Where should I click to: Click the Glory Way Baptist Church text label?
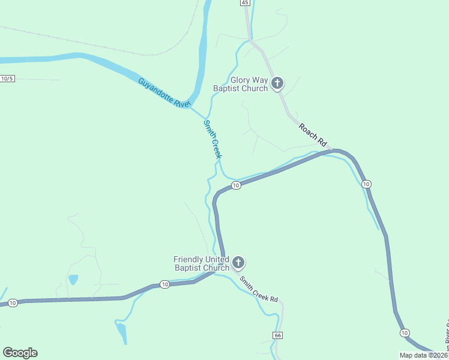[240, 85]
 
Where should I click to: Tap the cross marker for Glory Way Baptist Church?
[277, 83]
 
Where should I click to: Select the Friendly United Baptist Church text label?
[201, 263]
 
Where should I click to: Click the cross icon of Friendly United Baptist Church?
[238, 263]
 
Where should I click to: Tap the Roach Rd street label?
[314, 134]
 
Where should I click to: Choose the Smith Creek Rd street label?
[259, 289]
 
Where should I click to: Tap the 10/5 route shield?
[7, 79]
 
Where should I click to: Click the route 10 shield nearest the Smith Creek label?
[236, 185]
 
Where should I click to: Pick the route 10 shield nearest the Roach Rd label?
[367, 184]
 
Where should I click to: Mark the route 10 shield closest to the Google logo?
[13, 303]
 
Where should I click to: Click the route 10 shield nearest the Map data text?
[405, 332]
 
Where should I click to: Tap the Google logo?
[20, 353]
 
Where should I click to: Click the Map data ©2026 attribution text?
[424, 355]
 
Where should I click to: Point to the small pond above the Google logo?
[73, 280]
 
